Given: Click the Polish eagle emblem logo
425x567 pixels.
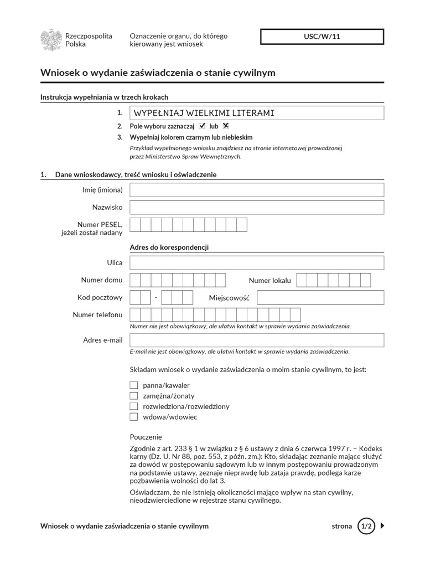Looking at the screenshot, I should coord(51,40).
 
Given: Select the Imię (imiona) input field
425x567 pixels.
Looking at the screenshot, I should coord(257,190).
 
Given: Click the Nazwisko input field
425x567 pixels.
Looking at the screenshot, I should coord(257,207).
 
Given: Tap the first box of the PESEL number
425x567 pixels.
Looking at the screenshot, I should coord(134,224).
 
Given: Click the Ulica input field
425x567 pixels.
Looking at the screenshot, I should coord(257,262).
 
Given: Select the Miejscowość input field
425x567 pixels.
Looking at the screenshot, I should coord(320,298).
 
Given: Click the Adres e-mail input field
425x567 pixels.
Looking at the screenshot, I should coord(257,339).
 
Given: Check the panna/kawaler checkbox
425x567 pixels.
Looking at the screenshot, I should coord(133,385).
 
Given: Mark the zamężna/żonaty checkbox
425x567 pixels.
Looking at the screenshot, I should coord(133,395).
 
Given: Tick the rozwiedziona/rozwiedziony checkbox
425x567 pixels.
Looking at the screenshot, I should coord(133,406).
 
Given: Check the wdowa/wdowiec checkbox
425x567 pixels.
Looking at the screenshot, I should coord(133,416).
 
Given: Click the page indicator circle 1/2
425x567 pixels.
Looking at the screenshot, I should coord(366,526).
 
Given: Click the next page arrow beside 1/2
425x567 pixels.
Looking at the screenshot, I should coord(382,526).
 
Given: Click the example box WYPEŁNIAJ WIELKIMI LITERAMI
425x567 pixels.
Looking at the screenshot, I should coord(257,113).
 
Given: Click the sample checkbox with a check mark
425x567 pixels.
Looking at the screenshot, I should coord(202,126).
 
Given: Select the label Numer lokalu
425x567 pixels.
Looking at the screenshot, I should coord(269,280).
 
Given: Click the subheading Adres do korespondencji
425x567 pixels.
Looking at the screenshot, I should coord(169,247).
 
